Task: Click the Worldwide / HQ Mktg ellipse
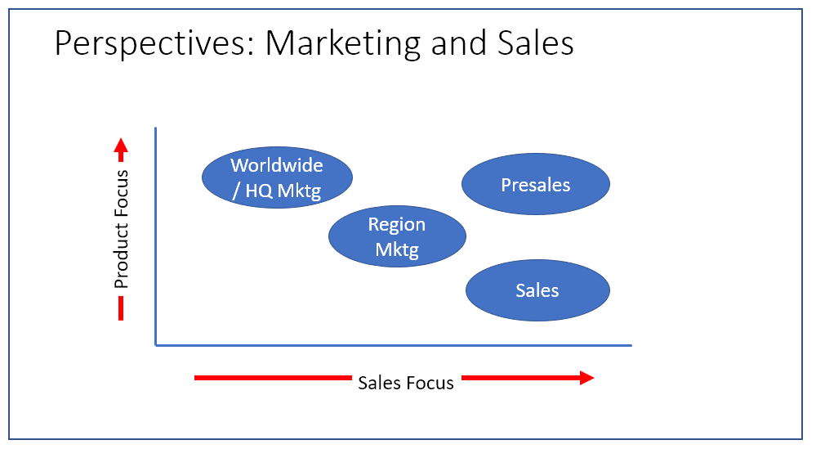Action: pos(277,177)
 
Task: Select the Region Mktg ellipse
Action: pos(397,236)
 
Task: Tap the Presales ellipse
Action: pos(536,185)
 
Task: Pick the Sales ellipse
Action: pos(537,291)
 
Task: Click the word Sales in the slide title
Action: pos(535,43)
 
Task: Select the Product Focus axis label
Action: pos(122,230)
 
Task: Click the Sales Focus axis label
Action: pos(406,383)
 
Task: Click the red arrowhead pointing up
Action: pos(121,148)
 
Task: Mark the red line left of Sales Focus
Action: pos(272,378)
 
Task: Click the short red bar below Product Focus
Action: pos(121,308)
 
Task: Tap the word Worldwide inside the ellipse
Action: pos(277,165)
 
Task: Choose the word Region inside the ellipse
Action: pos(397,225)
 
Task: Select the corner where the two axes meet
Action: pos(155,345)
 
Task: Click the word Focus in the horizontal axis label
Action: pos(429,383)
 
